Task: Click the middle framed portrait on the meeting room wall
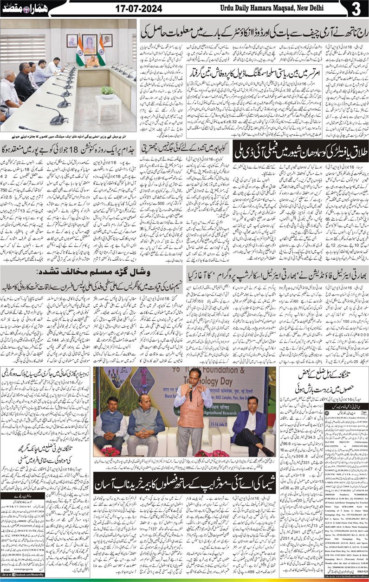88,41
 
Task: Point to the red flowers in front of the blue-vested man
110,451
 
